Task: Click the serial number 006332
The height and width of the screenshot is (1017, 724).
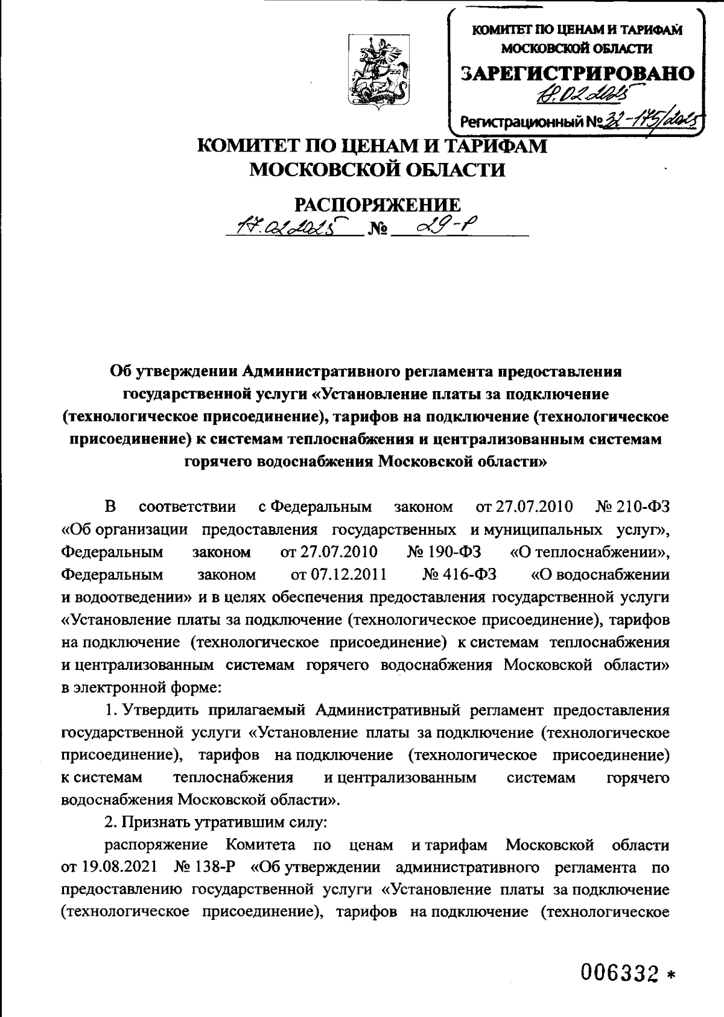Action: pos(618,971)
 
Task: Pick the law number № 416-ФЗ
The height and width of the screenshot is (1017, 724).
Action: pos(460,575)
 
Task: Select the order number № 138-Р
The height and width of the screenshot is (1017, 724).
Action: pos(203,867)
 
